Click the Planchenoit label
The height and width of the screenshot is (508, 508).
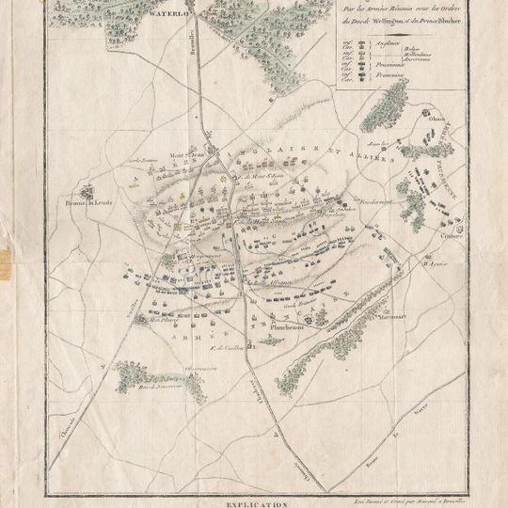tap(290, 327)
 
